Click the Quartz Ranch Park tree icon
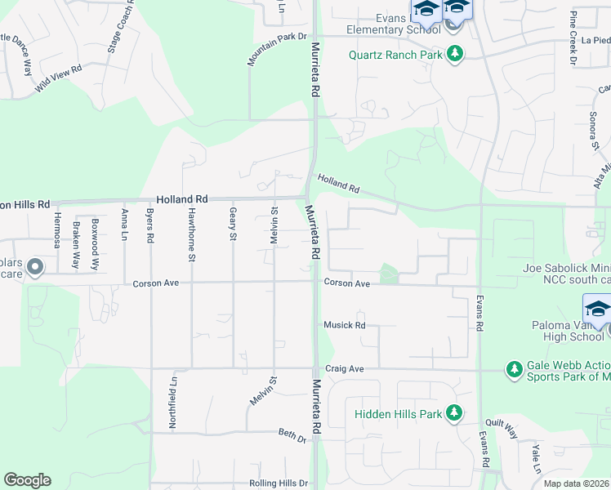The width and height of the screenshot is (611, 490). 455,55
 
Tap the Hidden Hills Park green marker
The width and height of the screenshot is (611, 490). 454,414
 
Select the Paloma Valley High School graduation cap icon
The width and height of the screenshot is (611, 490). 598,310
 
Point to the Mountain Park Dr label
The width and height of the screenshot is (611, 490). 277,50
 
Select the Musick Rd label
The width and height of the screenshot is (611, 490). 344,325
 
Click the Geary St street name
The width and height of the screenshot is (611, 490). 233,225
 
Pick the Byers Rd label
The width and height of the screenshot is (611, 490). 150,226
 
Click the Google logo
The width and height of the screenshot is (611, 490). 27,480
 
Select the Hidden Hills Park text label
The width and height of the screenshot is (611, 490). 398,414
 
